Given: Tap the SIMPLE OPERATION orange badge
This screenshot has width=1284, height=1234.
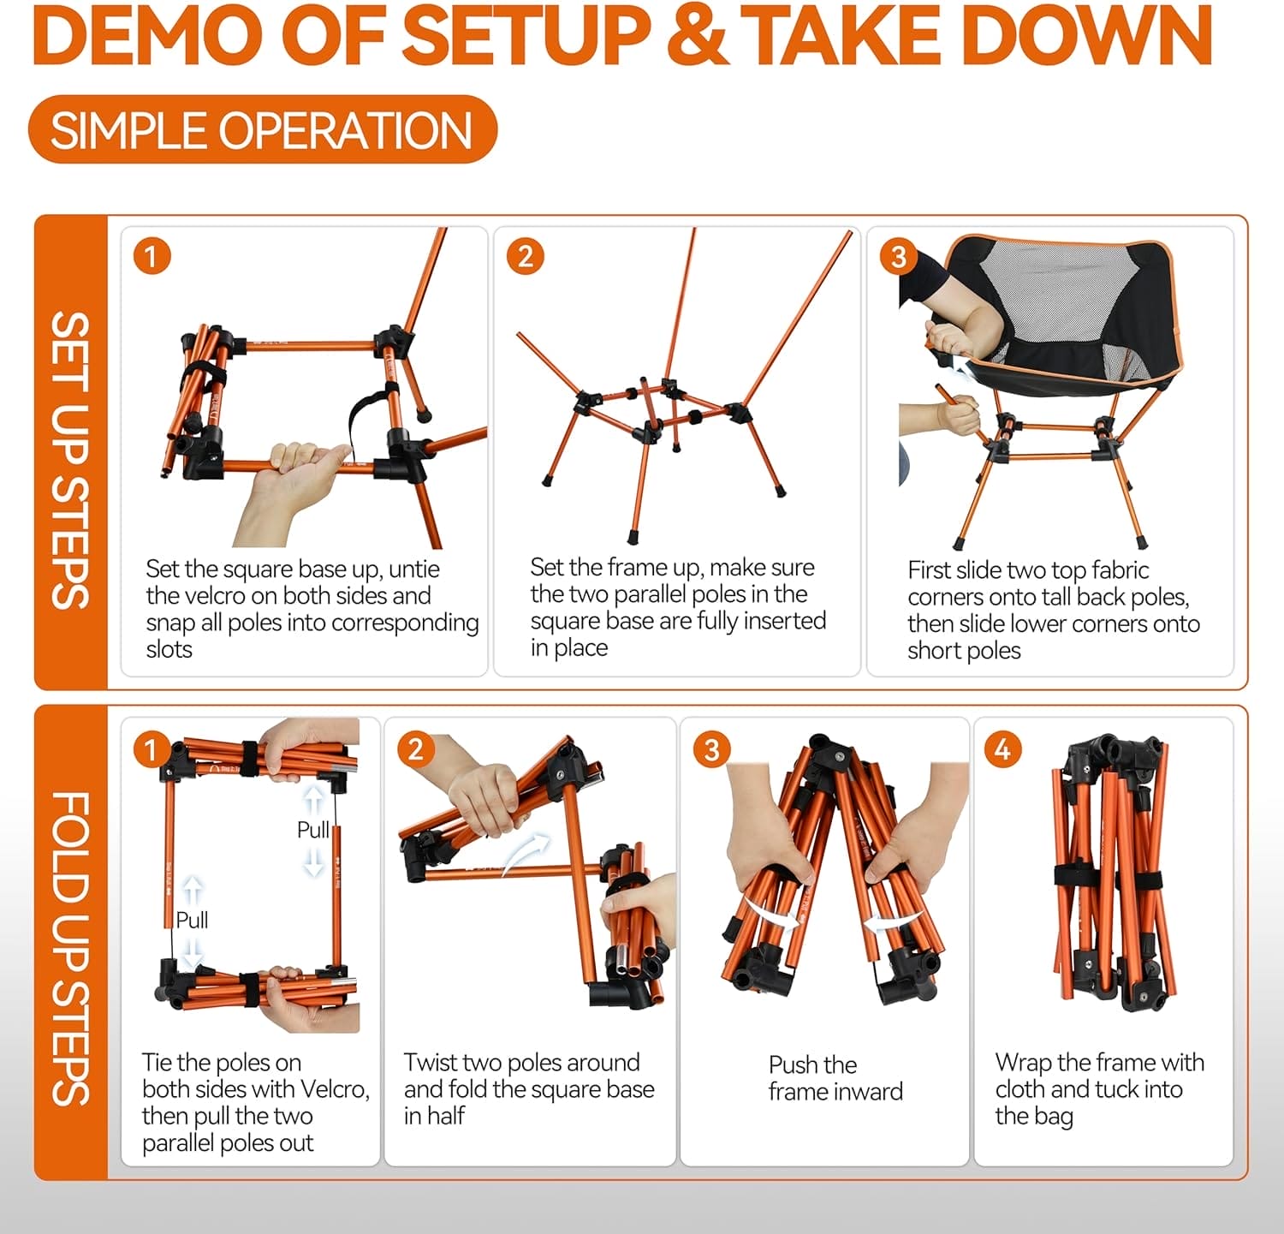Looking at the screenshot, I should (x=262, y=130).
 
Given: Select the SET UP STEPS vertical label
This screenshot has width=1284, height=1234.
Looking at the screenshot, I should (x=70, y=460).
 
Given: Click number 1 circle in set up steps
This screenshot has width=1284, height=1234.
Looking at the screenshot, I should (x=152, y=257).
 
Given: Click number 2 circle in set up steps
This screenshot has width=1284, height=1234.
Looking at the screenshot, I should (x=525, y=257).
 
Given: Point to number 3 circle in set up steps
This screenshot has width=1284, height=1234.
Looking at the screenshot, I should (x=898, y=257).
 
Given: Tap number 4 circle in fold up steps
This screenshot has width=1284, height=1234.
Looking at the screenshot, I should (x=1002, y=750).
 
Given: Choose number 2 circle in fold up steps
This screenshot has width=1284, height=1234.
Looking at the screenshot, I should (x=415, y=750).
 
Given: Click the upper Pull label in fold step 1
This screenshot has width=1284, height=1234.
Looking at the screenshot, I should (x=313, y=830).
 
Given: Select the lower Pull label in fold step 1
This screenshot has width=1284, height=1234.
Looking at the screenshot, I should (x=192, y=920).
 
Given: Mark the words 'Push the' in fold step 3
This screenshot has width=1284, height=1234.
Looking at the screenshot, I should (x=812, y=1064).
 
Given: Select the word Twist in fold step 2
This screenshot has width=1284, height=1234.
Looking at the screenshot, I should (x=434, y=1063).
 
